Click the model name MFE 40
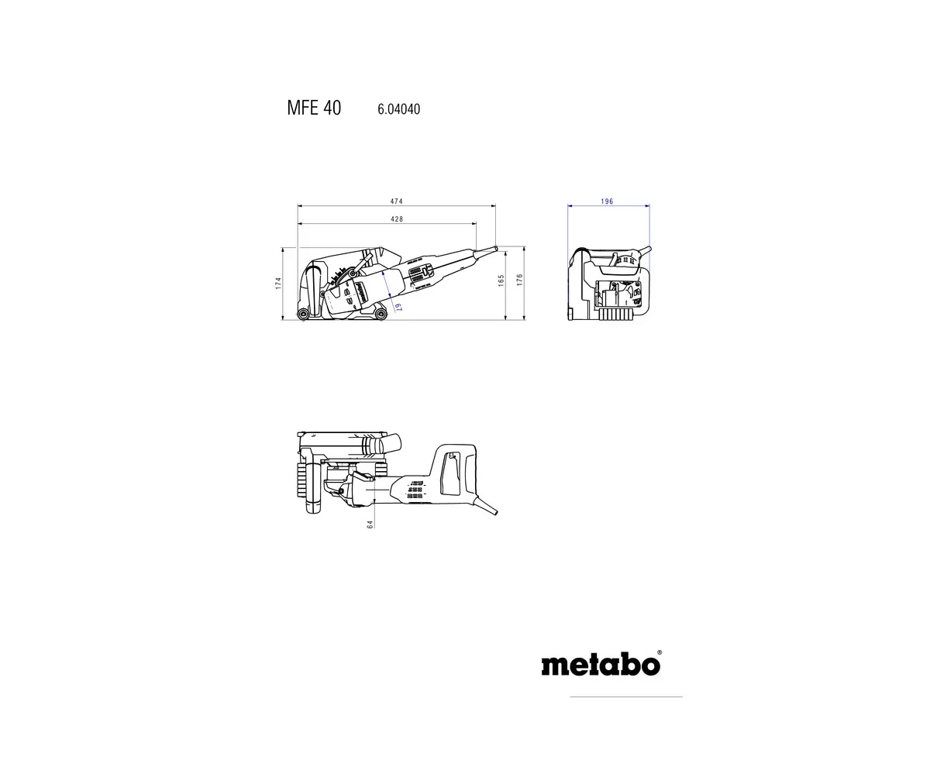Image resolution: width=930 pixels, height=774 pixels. coord(313,108)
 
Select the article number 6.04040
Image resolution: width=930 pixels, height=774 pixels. coord(398,109)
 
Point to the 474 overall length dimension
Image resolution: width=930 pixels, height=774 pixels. coord(397,201)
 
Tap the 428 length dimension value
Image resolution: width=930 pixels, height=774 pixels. coord(397,219)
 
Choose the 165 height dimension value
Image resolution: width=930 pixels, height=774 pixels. coord(501,280)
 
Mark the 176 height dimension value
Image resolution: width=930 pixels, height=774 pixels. coord(520,280)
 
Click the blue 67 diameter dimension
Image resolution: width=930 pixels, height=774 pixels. coord(398,308)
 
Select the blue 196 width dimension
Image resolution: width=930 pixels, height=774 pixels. coord(607,201)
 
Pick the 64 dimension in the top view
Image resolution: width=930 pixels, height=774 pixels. coord(370,525)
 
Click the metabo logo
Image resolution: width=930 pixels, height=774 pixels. coord(601,665)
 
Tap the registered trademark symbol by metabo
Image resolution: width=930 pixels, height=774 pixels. coord(660,652)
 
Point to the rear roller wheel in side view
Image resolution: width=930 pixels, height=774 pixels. coord(380,312)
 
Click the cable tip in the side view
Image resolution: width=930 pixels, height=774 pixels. coord(495,247)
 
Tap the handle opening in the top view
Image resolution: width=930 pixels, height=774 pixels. coord(448,473)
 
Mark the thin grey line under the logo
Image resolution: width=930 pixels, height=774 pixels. coord(626,697)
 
